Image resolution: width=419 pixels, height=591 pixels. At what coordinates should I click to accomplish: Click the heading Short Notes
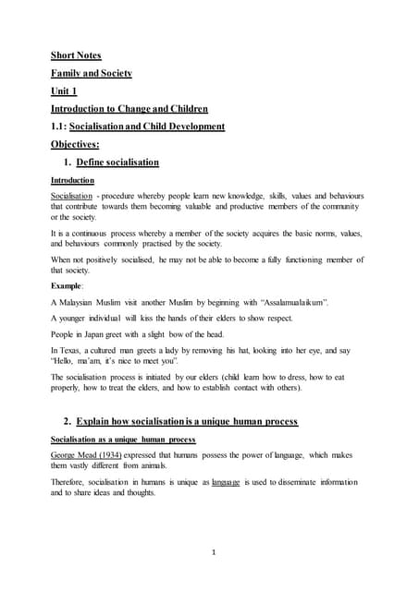79,54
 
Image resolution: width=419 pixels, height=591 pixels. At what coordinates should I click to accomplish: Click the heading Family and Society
92,72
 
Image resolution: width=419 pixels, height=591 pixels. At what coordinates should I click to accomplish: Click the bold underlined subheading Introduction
72,180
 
